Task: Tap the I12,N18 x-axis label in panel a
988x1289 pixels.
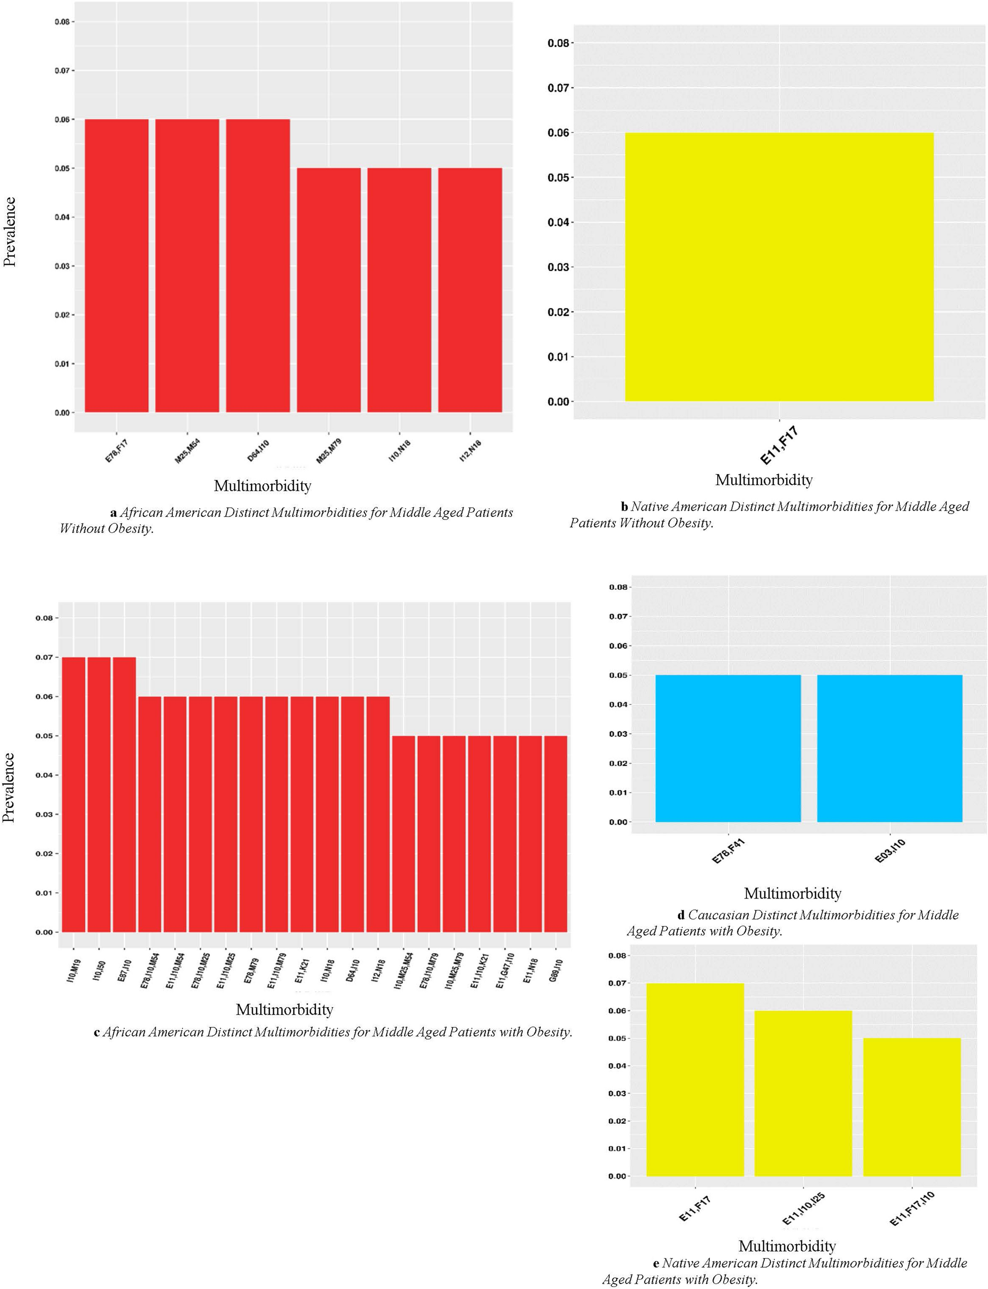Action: tap(471, 451)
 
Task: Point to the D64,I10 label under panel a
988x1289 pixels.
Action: tap(258, 451)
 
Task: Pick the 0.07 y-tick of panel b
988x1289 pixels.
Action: tap(558, 88)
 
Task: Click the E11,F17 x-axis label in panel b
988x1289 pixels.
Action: tap(779, 446)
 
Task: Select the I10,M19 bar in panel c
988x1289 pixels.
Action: tap(74, 795)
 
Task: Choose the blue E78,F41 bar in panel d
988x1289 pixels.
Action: tap(728, 748)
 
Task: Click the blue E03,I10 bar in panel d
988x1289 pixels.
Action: tap(890, 748)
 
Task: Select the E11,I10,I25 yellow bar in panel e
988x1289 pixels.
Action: tap(803, 1093)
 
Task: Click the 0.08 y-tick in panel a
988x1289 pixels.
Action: tap(62, 22)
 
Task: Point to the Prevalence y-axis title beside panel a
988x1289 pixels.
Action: tap(10, 232)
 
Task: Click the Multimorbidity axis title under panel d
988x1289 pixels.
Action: tap(792, 893)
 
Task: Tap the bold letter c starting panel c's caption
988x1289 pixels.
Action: tap(96, 1032)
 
